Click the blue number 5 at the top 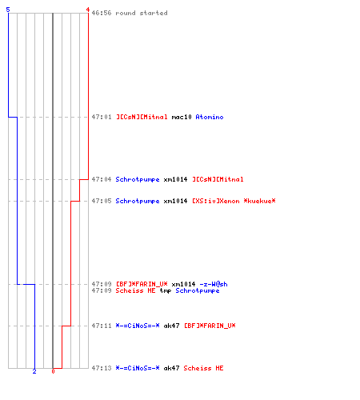point(8,10)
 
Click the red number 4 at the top point(88,10)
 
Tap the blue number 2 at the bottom point(34,371)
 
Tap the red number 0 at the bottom point(53,371)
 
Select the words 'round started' point(142,13)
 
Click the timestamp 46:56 point(102,13)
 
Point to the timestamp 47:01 point(102,117)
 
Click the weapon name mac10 point(182,117)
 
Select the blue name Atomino point(210,117)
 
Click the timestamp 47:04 point(102,179)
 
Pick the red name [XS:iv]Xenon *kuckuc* point(234,201)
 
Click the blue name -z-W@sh point(214,284)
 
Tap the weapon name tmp point(166,290)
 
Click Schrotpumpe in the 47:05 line point(138,201)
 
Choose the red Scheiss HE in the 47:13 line point(203,368)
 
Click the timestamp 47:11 point(102,326)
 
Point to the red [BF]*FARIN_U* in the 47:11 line point(210,326)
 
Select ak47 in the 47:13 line point(171,368)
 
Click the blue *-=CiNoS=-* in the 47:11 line point(138,326)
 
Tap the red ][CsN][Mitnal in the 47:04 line point(218,179)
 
